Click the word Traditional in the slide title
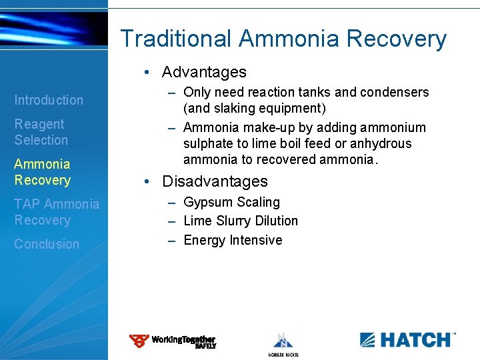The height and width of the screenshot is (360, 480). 177,39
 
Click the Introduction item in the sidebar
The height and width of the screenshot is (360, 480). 49,100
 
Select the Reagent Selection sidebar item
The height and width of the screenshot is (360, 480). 41,132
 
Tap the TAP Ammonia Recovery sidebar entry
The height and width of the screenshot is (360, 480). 57,212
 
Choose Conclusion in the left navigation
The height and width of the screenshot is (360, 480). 47,244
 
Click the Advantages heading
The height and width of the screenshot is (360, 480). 204,72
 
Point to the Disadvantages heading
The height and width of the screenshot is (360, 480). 215,181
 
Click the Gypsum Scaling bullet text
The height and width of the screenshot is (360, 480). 231,202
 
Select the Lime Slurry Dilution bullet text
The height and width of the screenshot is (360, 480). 240,221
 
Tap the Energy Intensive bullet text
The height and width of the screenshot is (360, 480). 233,240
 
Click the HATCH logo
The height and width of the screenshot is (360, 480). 407,339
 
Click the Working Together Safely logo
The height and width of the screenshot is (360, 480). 173,341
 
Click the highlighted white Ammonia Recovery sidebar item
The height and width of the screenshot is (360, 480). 42,172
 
